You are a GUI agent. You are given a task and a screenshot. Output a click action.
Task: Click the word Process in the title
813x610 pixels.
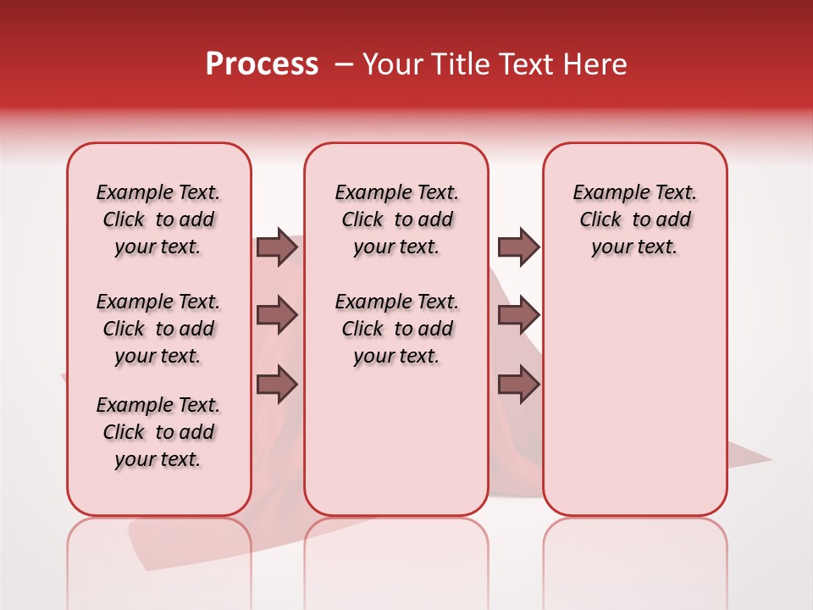point(262,64)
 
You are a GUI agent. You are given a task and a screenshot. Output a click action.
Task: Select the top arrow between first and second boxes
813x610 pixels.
point(277,247)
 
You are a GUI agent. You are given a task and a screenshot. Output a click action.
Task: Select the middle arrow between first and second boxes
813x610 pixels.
point(277,315)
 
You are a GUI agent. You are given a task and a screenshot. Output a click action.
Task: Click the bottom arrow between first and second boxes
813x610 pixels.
point(277,385)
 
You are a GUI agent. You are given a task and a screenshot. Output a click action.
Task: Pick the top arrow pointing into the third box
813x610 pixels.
point(518,247)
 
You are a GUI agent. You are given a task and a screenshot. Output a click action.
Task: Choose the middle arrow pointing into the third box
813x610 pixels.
point(518,315)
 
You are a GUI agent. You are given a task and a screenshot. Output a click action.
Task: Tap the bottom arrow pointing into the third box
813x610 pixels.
point(518,385)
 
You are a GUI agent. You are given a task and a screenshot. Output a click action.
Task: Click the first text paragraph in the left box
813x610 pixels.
point(158,219)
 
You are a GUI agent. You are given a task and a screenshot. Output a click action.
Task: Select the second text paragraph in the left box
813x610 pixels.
point(158,329)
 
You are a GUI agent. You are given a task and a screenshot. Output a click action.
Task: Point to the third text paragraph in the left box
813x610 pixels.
point(158,432)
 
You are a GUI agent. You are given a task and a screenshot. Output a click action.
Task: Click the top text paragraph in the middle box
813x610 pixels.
point(397,219)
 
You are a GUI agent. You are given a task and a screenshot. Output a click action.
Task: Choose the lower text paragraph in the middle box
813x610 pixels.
point(397,329)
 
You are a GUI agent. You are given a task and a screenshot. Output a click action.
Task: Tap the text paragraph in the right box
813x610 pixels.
point(635,219)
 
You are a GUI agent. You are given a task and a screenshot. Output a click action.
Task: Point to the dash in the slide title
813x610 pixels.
point(344,64)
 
